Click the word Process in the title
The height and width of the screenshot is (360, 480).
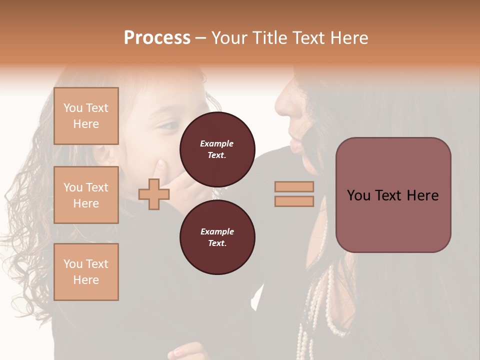pos(157,38)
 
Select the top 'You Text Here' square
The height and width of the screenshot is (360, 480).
pos(86,116)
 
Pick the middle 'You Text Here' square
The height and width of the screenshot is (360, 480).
pos(86,195)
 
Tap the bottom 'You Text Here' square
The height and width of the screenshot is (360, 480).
pos(86,272)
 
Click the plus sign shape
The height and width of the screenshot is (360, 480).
pos(153,194)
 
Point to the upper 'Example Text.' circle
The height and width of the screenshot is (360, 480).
pos(217,149)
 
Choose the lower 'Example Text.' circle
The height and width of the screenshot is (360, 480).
pos(217,237)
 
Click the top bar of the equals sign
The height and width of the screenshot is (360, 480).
pos(294,186)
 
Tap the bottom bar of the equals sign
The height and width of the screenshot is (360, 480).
pos(294,201)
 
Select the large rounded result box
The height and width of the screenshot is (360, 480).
pos(393,195)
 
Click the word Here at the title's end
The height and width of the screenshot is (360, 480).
pos(348,38)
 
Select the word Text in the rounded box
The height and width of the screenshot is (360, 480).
pos(392,195)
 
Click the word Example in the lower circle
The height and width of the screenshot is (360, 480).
pos(217,231)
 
